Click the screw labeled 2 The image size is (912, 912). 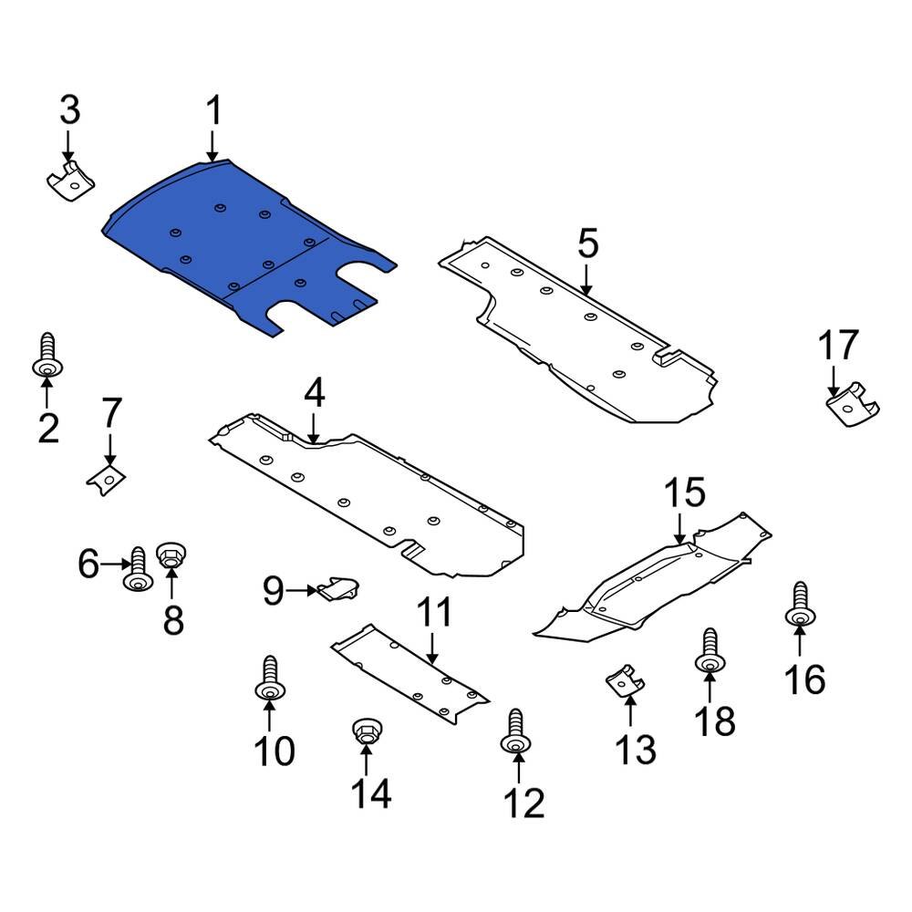(47, 358)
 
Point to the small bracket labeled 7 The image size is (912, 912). (106, 477)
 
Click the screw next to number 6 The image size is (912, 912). (138, 570)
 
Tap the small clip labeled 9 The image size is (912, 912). (336, 589)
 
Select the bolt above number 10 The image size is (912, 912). (269, 679)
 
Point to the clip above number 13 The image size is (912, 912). (624, 680)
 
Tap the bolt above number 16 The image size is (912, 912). (800, 605)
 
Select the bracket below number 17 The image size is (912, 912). (850, 408)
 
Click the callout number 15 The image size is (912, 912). (684, 493)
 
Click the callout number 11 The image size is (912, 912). (435, 612)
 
